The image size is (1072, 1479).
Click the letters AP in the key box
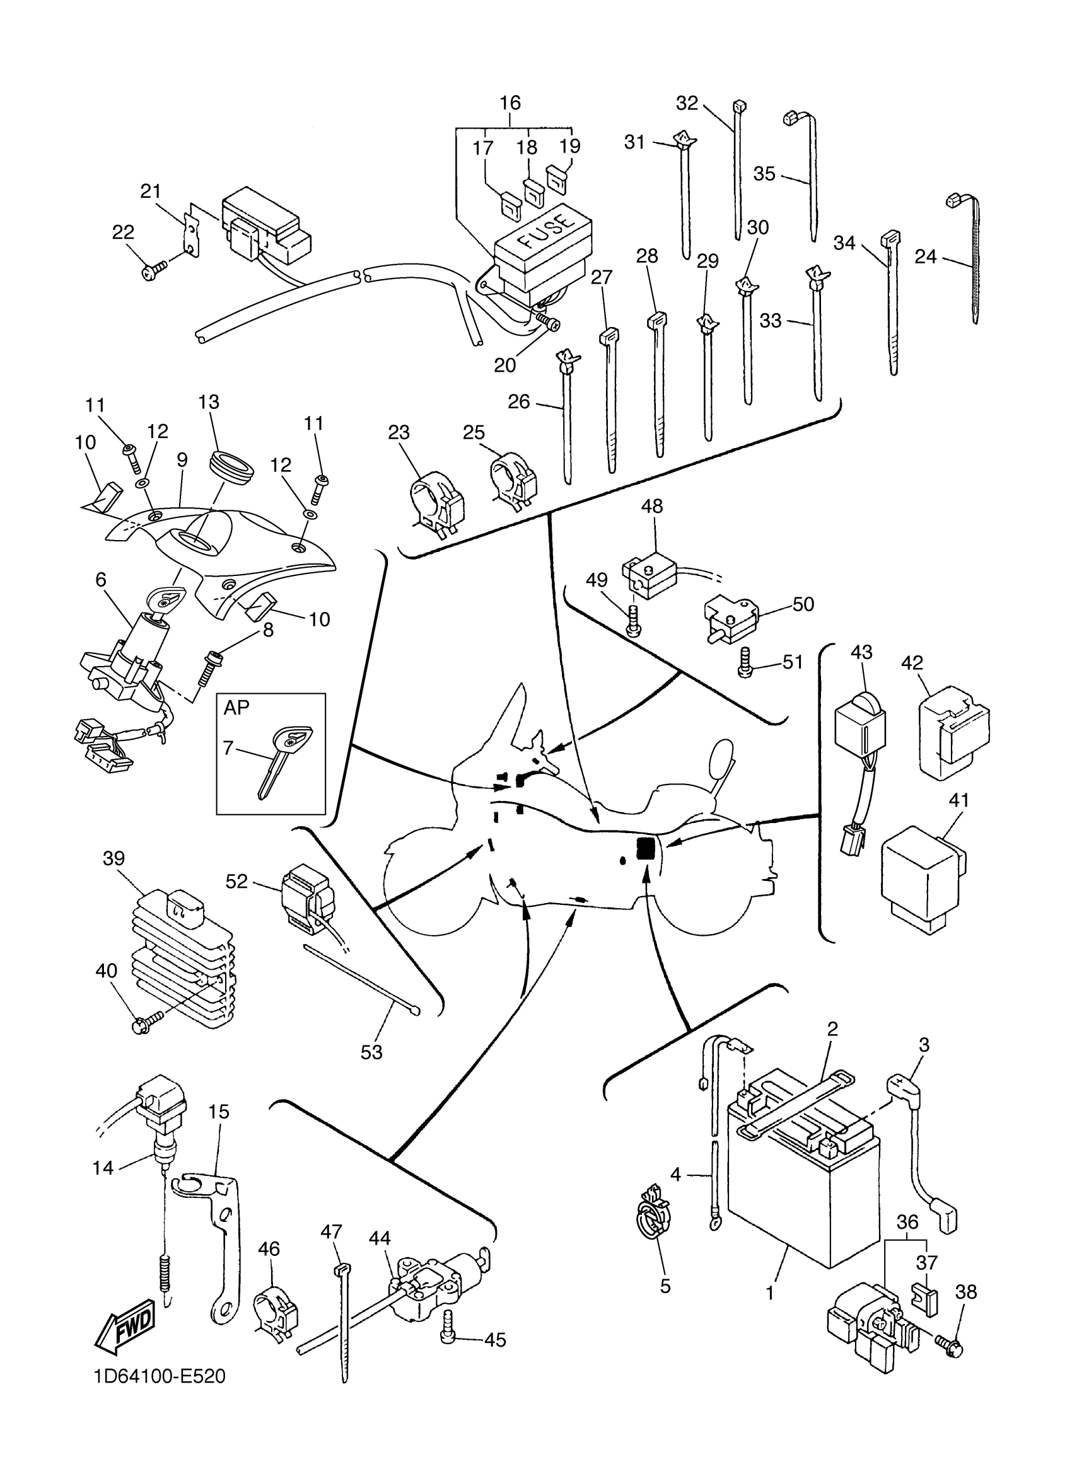tap(236, 708)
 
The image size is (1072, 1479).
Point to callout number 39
tap(114, 858)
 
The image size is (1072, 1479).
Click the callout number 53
tap(371, 1052)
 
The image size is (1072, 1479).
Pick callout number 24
tap(925, 257)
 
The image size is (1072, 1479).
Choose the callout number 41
tap(958, 800)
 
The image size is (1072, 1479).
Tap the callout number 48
tap(651, 506)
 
